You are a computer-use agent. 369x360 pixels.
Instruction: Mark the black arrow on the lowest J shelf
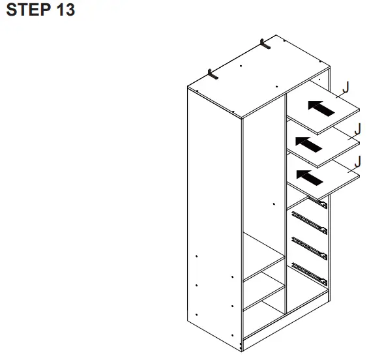click(x=309, y=176)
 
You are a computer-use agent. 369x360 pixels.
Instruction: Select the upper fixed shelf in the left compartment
click(x=264, y=270)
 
